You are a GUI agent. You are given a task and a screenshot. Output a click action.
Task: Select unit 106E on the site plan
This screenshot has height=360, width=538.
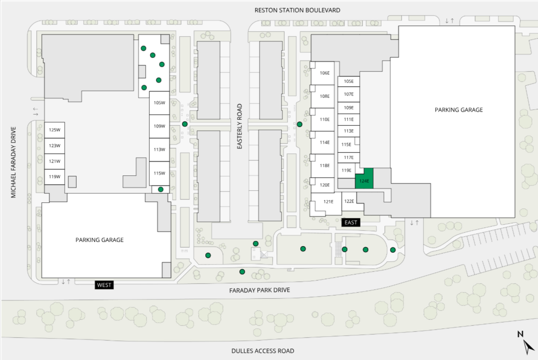[x=324, y=73]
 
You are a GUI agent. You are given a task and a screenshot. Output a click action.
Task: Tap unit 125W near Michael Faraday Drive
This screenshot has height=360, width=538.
[x=54, y=130]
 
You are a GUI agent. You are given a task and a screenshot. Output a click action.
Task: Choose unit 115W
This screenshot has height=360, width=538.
[x=160, y=173]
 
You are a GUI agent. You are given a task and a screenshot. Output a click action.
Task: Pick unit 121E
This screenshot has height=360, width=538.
[x=329, y=201]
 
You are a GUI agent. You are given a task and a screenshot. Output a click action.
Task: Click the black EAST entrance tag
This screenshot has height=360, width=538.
[x=351, y=222]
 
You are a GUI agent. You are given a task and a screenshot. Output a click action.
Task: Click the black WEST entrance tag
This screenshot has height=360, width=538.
[x=104, y=285]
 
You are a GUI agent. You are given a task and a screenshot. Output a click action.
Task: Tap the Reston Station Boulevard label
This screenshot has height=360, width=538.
[x=297, y=10]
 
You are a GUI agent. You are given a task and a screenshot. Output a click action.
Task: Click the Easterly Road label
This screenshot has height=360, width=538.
[x=240, y=126]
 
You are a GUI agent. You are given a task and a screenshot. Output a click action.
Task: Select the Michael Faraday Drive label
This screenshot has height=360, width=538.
[x=13, y=162]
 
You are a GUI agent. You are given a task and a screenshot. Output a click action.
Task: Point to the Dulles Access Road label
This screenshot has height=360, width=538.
[x=262, y=351]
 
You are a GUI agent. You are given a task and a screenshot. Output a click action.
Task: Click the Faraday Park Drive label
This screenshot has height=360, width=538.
[x=259, y=290]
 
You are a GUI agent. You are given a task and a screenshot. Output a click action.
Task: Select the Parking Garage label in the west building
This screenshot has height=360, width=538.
[x=100, y=240]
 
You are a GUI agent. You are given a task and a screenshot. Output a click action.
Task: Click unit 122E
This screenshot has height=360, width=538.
[x=349, y=201]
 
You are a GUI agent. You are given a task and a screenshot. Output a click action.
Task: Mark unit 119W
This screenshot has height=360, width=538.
[x=54, y=177]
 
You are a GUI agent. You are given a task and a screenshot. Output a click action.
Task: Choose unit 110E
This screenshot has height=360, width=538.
[x=324, y=120]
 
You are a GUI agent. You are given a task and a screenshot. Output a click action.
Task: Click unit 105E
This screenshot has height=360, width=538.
[x=349, y=81]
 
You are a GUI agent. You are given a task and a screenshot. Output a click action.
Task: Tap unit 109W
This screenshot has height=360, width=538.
[x=160, y=126]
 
